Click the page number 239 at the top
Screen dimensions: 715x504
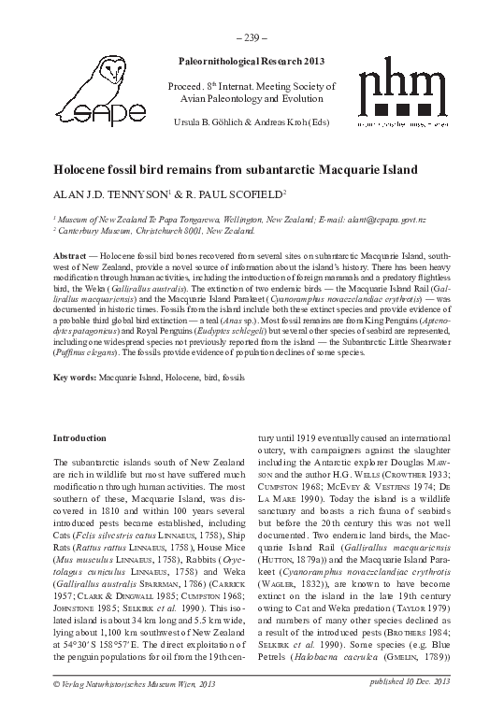pos(252,37)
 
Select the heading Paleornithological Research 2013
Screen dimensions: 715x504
pos(252,60)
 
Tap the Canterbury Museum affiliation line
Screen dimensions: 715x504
pos(154,230)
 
